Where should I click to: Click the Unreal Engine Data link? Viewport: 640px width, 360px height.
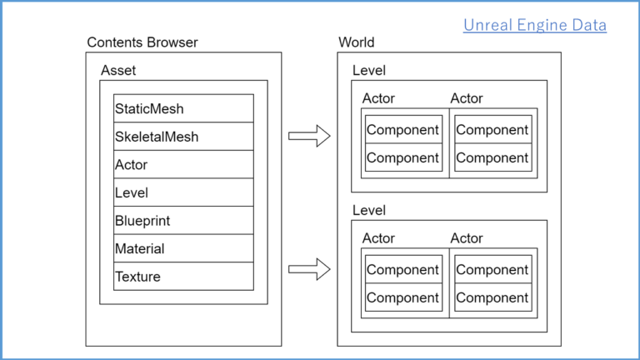click(x=534, y=25)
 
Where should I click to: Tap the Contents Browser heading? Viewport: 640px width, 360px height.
click(x=142, y=42)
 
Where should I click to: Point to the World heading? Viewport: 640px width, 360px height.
click(x=357, y=42)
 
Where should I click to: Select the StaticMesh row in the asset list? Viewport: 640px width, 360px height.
click(x=183, y=108)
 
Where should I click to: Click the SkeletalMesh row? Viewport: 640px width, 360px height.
click(x=183, y=137)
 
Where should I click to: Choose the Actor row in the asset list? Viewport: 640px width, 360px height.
click(x=183, y=164)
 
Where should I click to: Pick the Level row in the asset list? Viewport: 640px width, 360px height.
click(x=183, y=192)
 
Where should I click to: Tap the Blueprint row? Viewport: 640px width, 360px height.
click(x=183, y=221)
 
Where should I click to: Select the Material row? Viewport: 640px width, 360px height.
click(x=183, y=248)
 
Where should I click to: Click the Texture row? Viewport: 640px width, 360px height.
click(x=183, y=277)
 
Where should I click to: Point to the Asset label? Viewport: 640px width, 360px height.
click(x=118, y=71)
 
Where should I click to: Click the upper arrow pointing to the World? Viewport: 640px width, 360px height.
click(x=309, y=136)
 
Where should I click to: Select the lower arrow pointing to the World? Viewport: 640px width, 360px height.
click(x=309, y=268)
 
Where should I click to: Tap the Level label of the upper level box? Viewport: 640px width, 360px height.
click(x=368, y=71)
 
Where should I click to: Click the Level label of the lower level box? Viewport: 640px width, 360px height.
click(x=368, y=211)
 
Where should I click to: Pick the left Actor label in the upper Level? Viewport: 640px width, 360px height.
click(x=378, y=98)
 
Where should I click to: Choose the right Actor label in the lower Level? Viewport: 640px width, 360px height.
click(x=467, y=238)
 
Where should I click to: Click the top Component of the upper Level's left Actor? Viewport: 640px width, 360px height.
click(x=402, y=130)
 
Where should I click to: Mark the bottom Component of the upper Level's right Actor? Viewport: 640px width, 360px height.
click(x=492, y=157)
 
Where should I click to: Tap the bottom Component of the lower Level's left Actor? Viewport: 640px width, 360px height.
click(x=402, y=297)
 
